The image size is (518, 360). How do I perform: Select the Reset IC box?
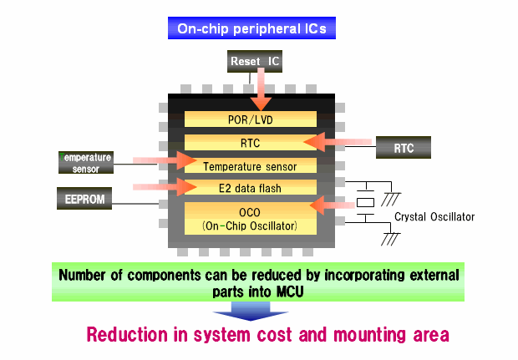(x=257, y=60)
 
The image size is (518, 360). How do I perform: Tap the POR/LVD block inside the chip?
(x=251, y=119)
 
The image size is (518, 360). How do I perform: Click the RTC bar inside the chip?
(x=250, y=142)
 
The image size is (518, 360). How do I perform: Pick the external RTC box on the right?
(x=404, y=149)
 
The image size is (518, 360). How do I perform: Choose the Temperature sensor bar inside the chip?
(x=251, y=165)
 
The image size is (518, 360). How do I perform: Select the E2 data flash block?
(x=251, y=188)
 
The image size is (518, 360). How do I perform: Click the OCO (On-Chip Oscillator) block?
(x=251, y=218)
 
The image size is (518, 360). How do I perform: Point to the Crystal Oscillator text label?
(x=434, y=217)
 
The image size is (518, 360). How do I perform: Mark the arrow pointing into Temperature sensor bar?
(x=163, y=160)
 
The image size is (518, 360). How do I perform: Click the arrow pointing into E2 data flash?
(x=163, y=186)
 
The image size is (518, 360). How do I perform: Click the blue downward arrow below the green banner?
(x=243, y=310)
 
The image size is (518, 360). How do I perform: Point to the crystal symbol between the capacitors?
(x=366, y=203)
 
